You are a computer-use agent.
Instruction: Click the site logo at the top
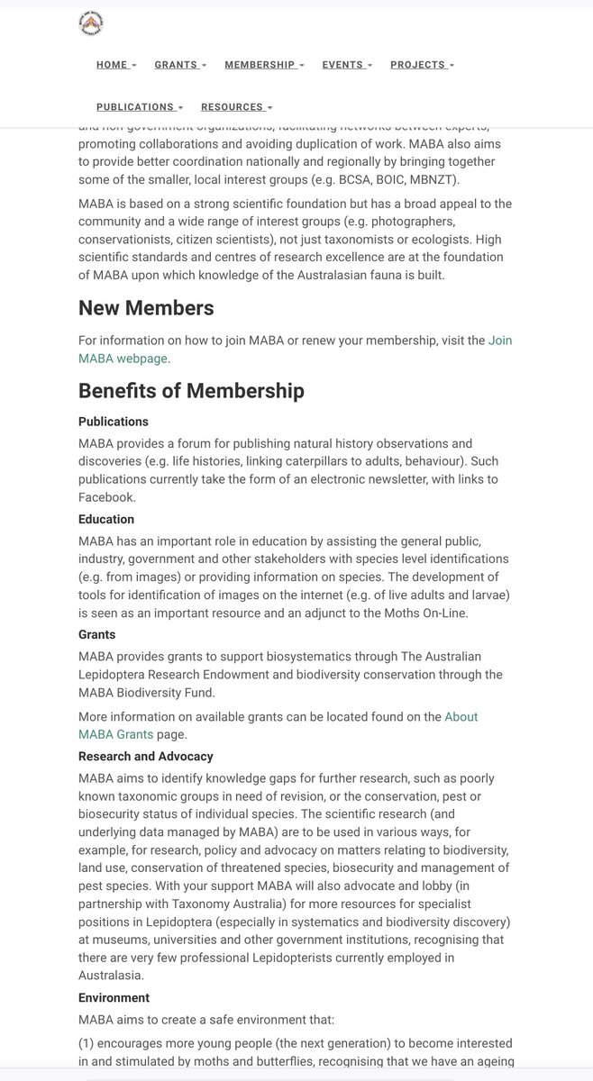point(91,24)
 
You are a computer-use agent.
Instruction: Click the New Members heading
point(146,308)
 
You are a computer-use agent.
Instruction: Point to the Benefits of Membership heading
point(191,391)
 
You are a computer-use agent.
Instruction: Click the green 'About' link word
point(461,717)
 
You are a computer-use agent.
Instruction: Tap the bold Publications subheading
point(114,422)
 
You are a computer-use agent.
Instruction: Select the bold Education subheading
point(106,520)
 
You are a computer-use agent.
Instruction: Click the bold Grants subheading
point(96,634)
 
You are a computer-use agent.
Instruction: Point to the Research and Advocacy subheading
point(146,757)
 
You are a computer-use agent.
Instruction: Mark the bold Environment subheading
point(114,998)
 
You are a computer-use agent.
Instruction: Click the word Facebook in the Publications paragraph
point(106,496)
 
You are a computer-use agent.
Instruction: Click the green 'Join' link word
point(500,341)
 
